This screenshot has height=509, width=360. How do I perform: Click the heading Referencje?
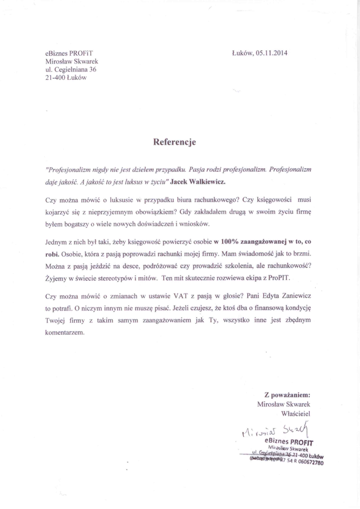pos(175,142)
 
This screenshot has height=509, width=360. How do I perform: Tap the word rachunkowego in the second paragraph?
pos(208,200)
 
